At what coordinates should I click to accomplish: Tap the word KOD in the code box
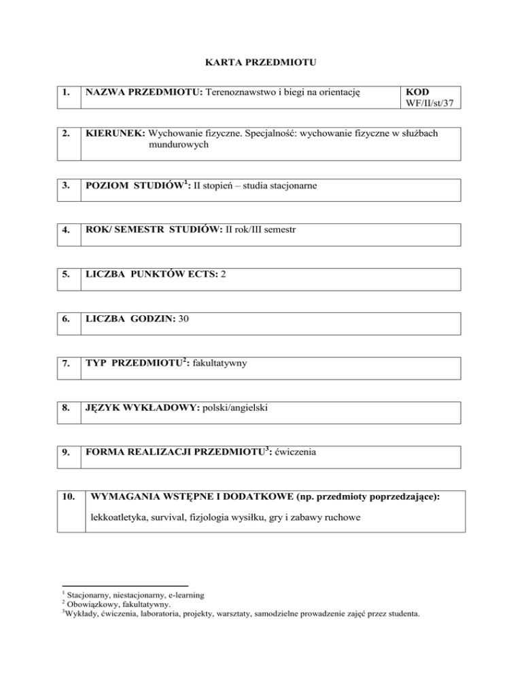click(x=415, y=92)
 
